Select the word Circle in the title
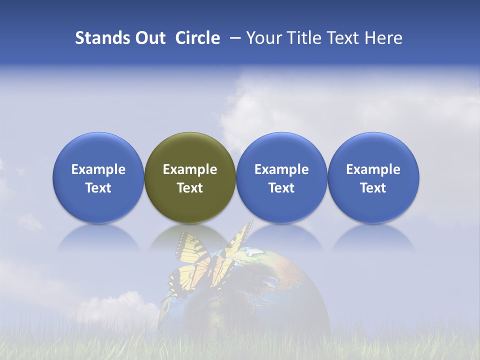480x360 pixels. [197, 38]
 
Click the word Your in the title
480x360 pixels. [262, 38]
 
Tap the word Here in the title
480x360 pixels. [383, 38]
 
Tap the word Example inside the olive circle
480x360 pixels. [190, 169]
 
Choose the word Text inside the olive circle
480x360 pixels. [190, 188]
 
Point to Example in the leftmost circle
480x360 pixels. [98, 169]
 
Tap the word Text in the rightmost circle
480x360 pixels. [373, 188]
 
